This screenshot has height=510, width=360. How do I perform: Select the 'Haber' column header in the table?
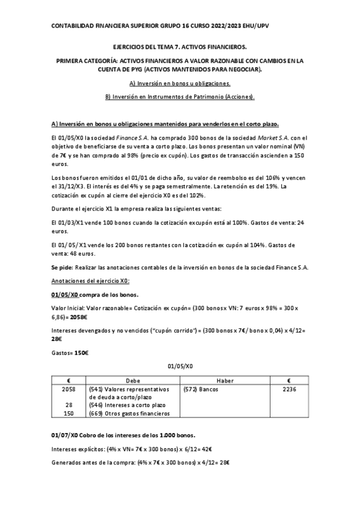point(223,381)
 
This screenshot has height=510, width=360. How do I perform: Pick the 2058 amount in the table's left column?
point(69,390)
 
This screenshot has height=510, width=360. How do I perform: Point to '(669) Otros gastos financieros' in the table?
point(129,413)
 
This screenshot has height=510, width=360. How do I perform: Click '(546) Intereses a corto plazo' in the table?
point(126,405)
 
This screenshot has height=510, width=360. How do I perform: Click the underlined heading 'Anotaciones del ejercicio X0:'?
point(91,282)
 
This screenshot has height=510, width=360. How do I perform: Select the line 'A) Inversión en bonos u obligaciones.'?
point(180,84)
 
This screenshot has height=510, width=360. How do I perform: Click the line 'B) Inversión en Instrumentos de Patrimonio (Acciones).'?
point(180,96)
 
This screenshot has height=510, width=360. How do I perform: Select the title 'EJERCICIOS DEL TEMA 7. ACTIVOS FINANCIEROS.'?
point(180,46)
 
